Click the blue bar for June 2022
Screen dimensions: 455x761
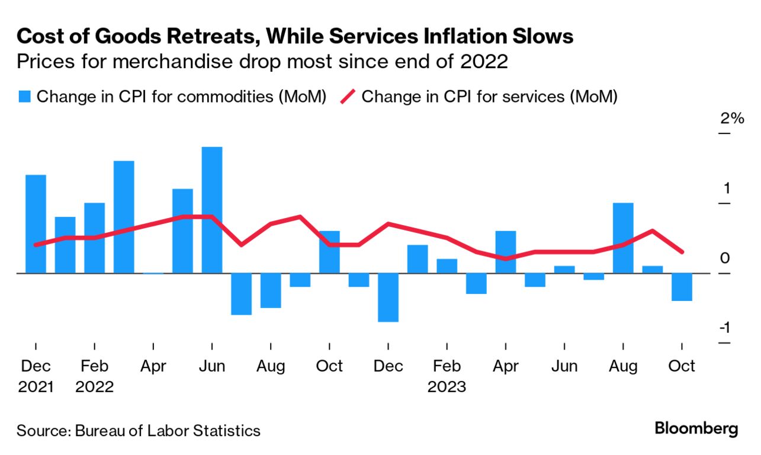click(212, 210)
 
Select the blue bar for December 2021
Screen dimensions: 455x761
click(36, 224)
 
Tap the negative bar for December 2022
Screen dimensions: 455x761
click(388, 297)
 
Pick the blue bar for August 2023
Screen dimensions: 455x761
click(623, 238)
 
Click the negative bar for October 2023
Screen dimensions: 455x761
click(682, 287)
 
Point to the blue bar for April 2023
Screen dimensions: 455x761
click(505, 252)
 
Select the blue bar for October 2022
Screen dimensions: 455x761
click(329, 252)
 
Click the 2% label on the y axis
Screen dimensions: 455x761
click(731, 118)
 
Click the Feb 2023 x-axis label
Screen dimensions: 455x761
click(447, 377)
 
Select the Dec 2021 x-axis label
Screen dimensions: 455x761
click(36, 377)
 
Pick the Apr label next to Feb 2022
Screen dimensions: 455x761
click(153, 367)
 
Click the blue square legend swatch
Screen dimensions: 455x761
click(24, 96)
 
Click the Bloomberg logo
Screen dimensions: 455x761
click(696, 428)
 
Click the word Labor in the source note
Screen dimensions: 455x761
click(165, 431)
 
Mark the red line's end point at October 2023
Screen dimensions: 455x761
click(682, 252)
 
